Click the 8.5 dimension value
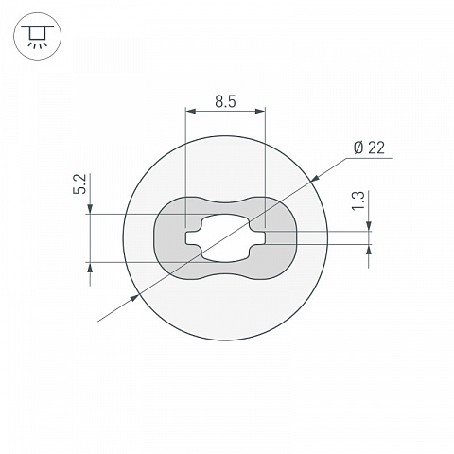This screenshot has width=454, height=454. click(x=225, y=102)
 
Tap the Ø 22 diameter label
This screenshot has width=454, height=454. click(x=369, y=148)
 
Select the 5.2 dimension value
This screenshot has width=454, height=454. click(x=79, y=183)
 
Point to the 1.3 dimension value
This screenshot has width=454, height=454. click(x=358, y=201)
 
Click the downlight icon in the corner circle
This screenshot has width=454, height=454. click(x=38, y=37)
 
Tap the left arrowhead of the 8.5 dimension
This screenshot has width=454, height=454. click(x=191, y=111)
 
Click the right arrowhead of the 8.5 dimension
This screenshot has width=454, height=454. click(x=259, y=111)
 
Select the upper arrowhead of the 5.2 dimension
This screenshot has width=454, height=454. click(x=90, y=209)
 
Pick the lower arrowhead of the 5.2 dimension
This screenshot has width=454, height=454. click(x=90, y=268)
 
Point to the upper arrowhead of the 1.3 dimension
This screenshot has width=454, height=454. click(x=369, y=226)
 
